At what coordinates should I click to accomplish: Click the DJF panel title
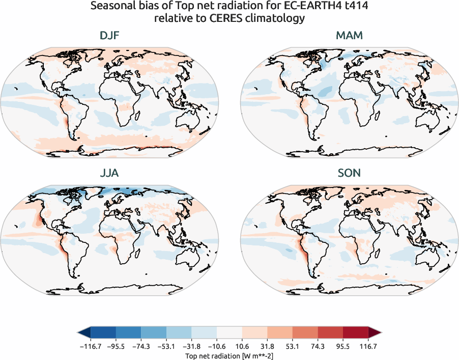110,36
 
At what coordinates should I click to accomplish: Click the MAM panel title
349,36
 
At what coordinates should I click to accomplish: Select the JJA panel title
110,173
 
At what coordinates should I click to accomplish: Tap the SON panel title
349,173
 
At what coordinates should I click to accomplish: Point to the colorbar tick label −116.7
90,346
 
